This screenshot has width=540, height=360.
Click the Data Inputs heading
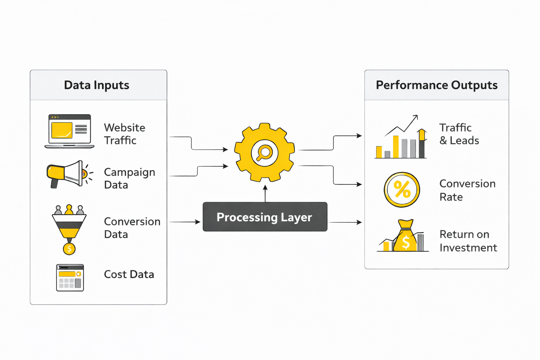point(97,85)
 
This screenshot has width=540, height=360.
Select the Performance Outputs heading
point(437,85)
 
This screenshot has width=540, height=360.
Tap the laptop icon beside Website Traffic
point(70,131)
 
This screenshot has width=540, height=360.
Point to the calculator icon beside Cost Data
point(70,278)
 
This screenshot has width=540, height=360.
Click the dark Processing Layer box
point(265,217)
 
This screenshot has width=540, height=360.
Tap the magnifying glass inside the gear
point(264,153)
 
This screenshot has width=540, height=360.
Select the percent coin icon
point(402,190)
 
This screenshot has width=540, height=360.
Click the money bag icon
point(405,236)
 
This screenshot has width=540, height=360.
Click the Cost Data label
point(129,274)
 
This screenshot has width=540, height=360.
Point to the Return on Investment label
point(468,241)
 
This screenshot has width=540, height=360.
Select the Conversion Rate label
point(467,190)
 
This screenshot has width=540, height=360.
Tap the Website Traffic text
point(124,134)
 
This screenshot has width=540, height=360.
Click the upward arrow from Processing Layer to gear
point(265,194)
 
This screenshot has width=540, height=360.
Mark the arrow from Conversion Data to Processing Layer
point(185,222)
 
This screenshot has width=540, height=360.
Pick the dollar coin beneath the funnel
point(69,249)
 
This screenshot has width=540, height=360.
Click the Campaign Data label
point(129,178)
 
